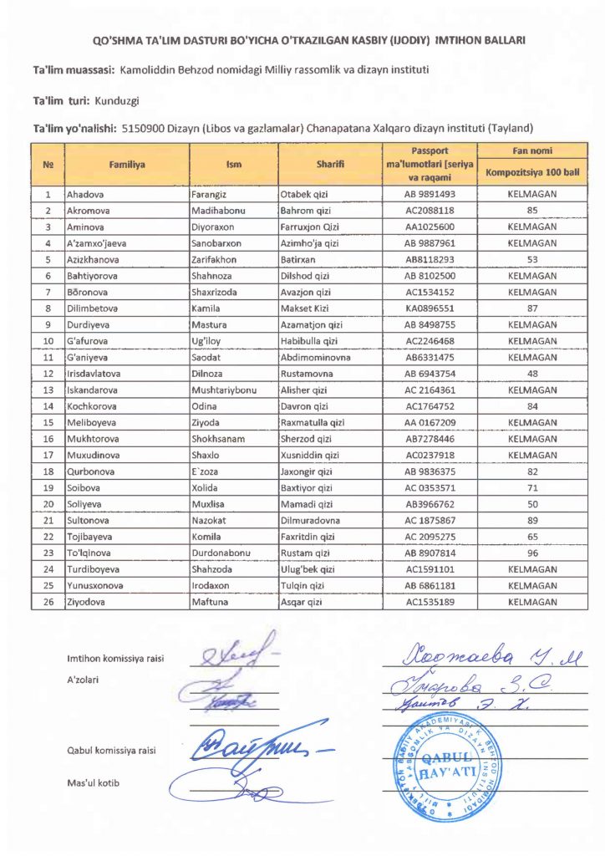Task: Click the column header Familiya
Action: pos(127,165)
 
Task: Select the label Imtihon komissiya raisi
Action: pos(115,659)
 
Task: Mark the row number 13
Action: pos(48,390)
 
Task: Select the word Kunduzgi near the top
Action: pos(117,100)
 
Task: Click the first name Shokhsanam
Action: pos(221,438)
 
